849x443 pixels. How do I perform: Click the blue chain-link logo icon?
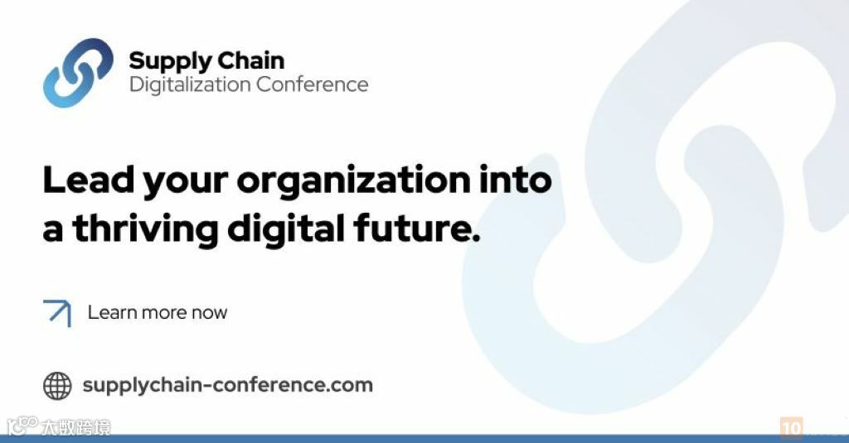[78, 73]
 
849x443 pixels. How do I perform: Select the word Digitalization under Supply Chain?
[190, 85]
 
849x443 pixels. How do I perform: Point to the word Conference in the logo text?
[313, 84]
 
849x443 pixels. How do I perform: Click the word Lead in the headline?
[88, 180]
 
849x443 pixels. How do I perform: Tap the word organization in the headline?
[353, 181]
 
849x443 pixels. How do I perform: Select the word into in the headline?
[515, 180]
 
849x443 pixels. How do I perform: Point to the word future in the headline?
[416, 228]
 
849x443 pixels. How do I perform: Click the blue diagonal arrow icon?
[57, 313]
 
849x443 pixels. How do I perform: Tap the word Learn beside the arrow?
[112, 313]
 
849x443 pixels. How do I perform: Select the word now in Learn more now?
[209, 314]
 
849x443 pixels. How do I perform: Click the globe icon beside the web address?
[57, 386]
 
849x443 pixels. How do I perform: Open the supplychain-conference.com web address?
[227, 386]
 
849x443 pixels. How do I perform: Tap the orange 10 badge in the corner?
[791, 428]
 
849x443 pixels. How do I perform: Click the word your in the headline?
[185, 184]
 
